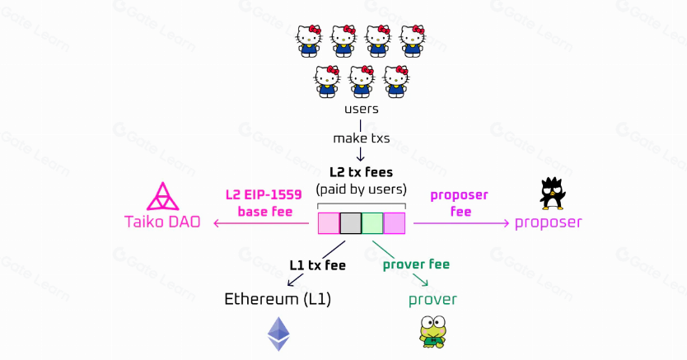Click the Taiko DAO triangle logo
click(162, 197)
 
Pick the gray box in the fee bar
click(350, 223)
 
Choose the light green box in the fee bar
click(372, 223)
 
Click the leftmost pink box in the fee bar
click(329, 223)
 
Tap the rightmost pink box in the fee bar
click(395, 223)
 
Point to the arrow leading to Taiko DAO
click(264, 223)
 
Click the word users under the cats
click(361, 109)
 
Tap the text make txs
click(361, 138)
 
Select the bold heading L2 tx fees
click(361, 173)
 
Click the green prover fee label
click(416, 264)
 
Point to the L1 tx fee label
click(317, 265)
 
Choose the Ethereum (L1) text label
click(278, 298)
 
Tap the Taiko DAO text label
click(162, 222)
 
